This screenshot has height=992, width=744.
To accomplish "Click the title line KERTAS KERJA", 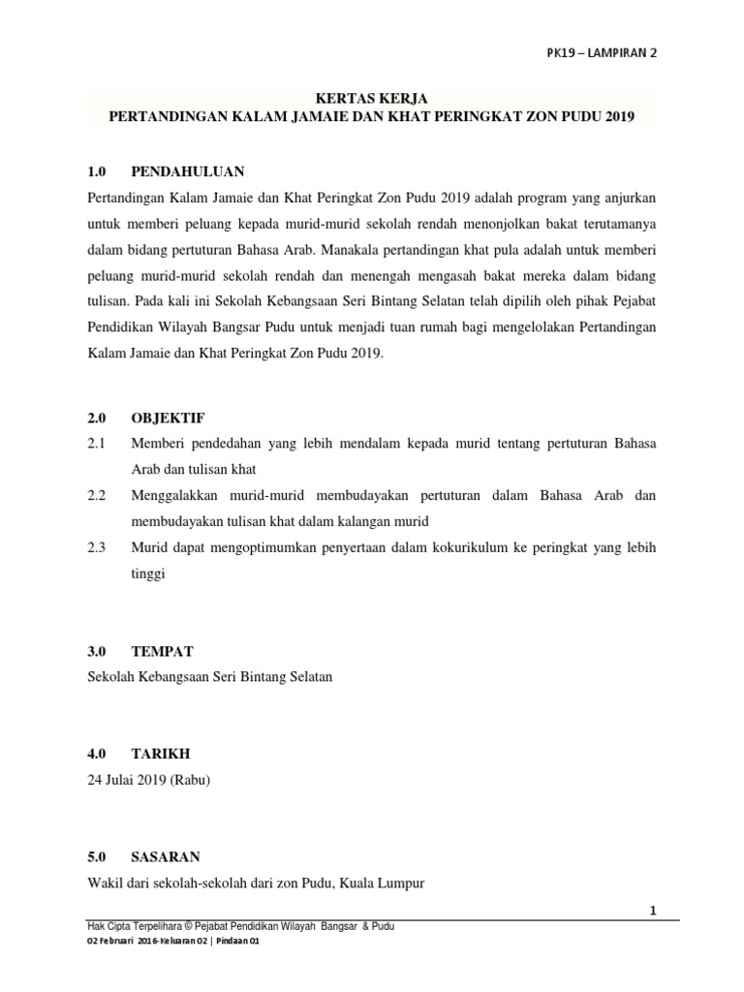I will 372,97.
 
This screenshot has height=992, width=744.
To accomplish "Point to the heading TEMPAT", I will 162,651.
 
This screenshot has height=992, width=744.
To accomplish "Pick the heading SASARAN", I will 166,856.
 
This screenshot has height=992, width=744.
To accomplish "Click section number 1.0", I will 95,171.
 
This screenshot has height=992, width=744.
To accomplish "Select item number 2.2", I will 95,495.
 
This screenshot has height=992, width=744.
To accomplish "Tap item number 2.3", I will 95,547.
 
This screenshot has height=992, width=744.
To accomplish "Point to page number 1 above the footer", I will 653,911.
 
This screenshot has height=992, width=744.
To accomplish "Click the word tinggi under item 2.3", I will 148,573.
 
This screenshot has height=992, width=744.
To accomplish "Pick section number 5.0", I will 95,856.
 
